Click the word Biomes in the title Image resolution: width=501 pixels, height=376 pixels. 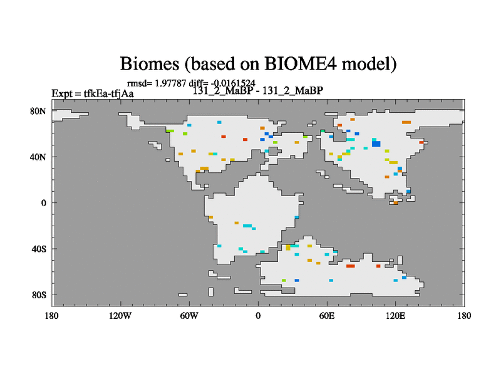[150, 64]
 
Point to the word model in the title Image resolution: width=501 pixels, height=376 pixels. [369, 64]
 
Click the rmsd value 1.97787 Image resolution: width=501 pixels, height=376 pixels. [170, 83]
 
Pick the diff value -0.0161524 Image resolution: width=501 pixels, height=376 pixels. [233, 83]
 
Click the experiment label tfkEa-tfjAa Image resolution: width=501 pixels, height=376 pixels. [108, 93]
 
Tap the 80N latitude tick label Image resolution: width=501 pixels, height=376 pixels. [38, 112]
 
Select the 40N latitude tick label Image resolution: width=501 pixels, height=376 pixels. [38, 157]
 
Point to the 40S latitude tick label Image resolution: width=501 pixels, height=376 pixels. [39, 249]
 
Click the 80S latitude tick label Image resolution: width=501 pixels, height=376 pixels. [39, 295]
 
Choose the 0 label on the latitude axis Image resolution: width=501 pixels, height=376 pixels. [43, 203]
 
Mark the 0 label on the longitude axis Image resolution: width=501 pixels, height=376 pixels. [258, 316]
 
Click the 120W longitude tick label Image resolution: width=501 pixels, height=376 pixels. [120, 316]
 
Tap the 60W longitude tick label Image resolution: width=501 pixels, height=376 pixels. [189, 316]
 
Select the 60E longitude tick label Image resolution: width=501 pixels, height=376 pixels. [327, 316]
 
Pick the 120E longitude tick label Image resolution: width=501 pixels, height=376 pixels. [396, 316]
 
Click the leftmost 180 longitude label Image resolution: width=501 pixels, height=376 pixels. [52, 316]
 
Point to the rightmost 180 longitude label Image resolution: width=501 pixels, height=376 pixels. [464, 316]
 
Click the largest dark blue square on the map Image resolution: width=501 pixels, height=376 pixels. [376, 144]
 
